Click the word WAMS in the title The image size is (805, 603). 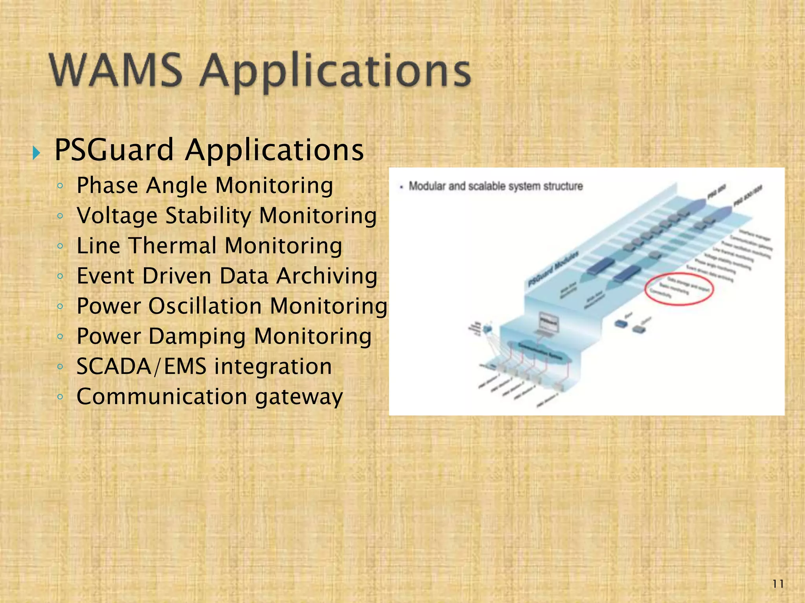click(116, 71)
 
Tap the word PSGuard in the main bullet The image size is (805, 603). click(114, 150)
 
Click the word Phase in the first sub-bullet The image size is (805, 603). click(107, 185)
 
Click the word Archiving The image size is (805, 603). click(327, 276)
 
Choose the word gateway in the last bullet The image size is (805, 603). click(299, 397)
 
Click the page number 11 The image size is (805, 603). click(778, 584)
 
